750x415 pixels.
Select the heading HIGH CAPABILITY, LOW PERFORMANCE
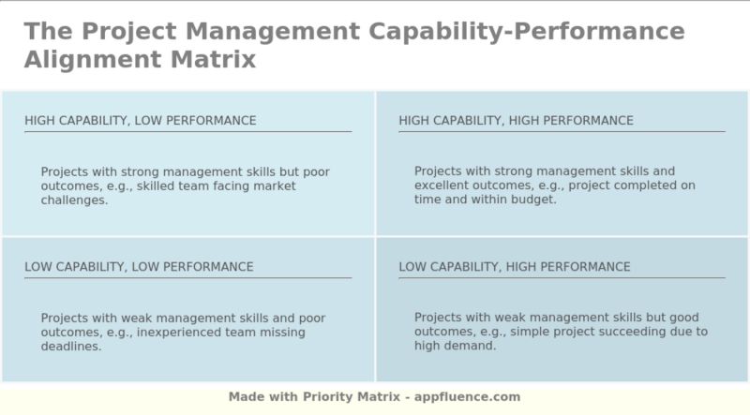141,121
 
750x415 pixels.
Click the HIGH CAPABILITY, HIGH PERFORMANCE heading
516,121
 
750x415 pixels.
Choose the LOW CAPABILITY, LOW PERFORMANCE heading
139,267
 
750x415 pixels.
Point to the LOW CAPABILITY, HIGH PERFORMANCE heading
515,267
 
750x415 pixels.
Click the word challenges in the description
74,200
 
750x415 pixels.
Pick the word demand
475,346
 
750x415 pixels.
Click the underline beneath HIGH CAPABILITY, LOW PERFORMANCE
187,131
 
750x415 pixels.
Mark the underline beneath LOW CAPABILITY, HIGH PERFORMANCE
562,277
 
